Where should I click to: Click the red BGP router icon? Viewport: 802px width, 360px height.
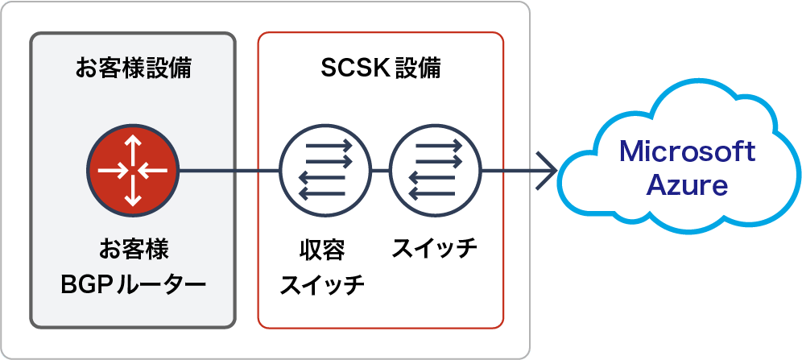(x=133, y=171)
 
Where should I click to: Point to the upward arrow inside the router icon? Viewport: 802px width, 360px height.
(x=133, y=147)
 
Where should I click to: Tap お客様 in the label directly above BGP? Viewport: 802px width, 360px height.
(x=133, y=249)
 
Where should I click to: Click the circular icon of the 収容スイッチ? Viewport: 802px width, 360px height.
(x=325, y=171)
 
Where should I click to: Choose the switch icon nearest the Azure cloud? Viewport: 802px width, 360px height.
(x=435, y=171)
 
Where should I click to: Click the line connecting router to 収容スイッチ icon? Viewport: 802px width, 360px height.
(x=229, y=171)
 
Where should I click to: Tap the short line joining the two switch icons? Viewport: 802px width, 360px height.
(x=380, y=171)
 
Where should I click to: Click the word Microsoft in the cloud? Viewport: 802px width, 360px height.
(x=686, y=151)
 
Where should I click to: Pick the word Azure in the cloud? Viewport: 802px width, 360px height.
(x=686, y=186)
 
